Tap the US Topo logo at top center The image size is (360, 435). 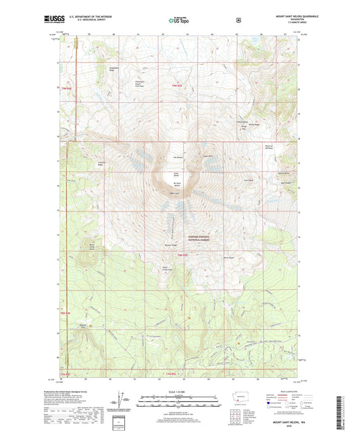[x=179, y=20]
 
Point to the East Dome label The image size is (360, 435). [x=248, y=180]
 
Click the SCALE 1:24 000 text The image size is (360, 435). [x=180, y=392]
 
